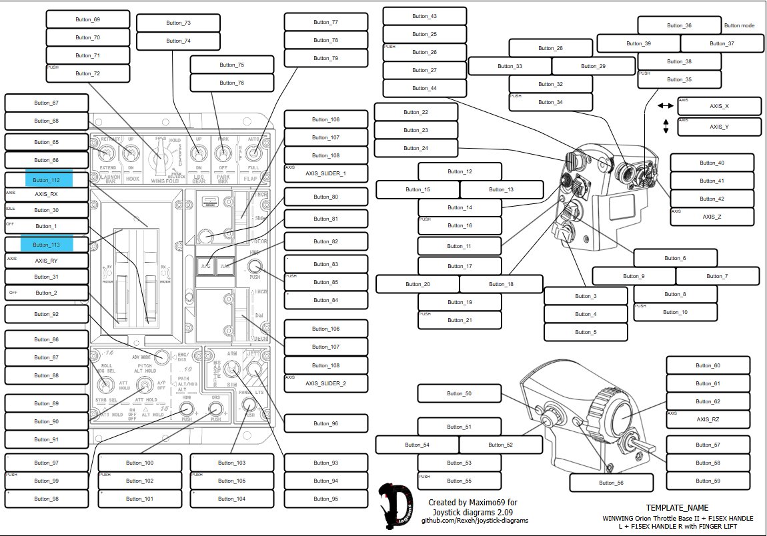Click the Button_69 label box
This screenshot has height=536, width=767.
click(x=87, y=19)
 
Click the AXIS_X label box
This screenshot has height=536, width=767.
click(x=719, y=106)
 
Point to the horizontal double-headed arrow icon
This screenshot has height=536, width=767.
click(x=666, y=106)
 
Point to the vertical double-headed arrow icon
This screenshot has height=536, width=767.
click(x=666, y=127)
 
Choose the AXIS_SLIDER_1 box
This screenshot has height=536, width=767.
click(x=325, y=173)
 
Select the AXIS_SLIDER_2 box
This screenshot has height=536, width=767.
click(x=325, y=383)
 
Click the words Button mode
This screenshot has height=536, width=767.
click(x=739, y=25)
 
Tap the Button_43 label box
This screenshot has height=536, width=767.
click(x=424, y=16)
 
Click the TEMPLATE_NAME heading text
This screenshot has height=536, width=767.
click(x=677, y=508)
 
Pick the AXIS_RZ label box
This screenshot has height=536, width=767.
click(x=708, y=419)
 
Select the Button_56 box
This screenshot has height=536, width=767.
click(x=611, y=483)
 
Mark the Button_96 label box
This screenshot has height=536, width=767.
click(x=325, y=423)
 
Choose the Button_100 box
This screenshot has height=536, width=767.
click(x=140, y=463)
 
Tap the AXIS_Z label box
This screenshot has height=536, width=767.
click(x=712, y=217)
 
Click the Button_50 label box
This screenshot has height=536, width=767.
click(x=459, y=393)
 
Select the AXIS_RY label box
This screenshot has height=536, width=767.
click(x=47, y=261)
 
